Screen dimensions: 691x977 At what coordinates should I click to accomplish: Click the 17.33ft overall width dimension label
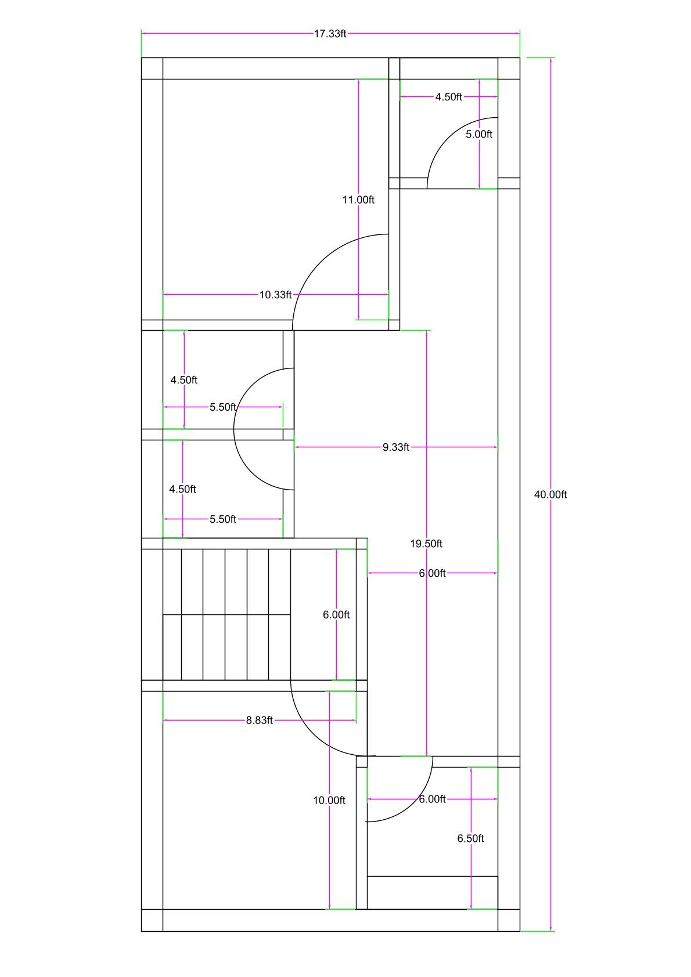pyautogui.click(x=330, y=34)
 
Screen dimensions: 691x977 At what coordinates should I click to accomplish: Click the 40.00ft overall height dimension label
pyautogui.click(x=550, y=495)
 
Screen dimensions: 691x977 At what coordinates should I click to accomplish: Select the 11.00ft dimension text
pyautogui.click(x=358, y=200)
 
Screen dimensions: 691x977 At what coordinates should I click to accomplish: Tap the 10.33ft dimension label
pyautogui.click(x=275, y=295)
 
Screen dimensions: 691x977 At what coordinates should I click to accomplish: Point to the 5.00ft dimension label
pyautogui.click(x=479, y=135)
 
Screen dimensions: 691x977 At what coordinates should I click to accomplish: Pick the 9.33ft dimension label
pyautogui.click(x=396, y=447)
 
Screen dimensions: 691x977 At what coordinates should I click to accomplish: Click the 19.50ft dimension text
pyautogui.click(x=426, y=544)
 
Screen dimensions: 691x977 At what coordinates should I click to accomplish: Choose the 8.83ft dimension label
pyautogui.click(x=260, y=721)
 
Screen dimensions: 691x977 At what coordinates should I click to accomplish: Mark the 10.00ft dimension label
pyautogui.click(x=329, y=801)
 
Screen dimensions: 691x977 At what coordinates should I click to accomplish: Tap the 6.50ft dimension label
pyautogui.click(x=470, y=838)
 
